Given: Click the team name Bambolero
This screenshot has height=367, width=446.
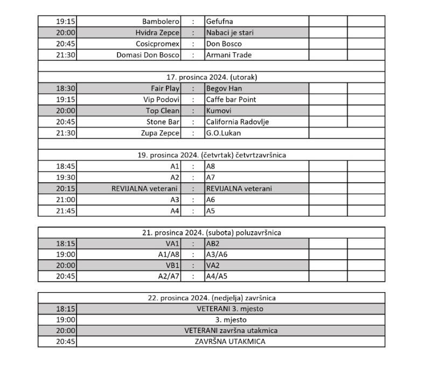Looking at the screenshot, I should coord(161,22).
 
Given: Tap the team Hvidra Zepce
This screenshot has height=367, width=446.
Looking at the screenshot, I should coord(157,33).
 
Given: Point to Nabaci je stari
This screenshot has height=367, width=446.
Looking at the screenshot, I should coord(229,33).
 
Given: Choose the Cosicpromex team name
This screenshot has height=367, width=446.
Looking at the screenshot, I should coord(157,44).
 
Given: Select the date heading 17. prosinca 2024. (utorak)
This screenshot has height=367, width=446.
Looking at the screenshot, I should coord(211,77).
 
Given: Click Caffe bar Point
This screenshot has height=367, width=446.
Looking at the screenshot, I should coord(231,100).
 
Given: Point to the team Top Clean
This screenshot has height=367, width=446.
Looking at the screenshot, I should coord(163,111).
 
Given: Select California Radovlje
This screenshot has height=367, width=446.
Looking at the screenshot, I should coord(238,122).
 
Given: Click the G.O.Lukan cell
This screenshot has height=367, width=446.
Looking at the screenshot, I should coord(224,133).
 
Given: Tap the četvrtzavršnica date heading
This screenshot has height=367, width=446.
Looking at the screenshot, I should coord(211,155).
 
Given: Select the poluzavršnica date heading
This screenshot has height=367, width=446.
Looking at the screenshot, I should coord(211,233).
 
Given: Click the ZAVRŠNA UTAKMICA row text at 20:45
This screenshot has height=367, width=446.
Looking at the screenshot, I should coord(230,342).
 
